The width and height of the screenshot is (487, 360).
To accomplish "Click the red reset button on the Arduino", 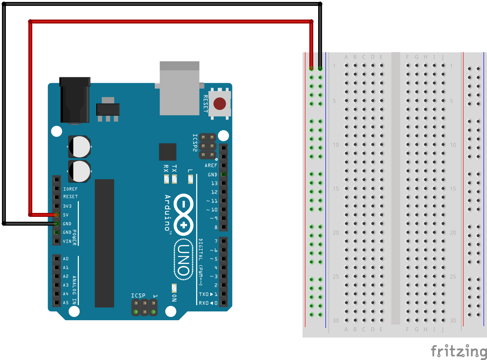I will point(219,104).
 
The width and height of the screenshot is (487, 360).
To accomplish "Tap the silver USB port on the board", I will point(179,89).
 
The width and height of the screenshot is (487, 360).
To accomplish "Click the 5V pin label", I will point(66,215).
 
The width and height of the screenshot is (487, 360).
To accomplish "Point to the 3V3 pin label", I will point(67,206).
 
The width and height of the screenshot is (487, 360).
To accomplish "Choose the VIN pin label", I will point(67,241).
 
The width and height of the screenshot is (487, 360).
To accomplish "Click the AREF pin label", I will point(211,166).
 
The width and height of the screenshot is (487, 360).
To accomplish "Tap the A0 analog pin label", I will point(66,259).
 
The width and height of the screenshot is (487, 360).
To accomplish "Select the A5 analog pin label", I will point(66,303).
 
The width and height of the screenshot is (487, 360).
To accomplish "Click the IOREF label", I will point(70,189).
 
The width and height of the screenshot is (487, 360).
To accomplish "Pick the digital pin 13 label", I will point(214,184).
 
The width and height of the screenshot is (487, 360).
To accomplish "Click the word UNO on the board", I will point(184,260).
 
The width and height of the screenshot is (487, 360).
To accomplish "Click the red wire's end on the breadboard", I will point(311,68).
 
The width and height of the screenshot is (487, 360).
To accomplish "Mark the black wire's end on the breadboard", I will point(320,68).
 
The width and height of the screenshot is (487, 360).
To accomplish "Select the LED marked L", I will point(190,179).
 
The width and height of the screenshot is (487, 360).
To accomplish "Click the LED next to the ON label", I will point(174,288).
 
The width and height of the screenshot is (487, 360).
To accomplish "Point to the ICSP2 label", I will point(195,143).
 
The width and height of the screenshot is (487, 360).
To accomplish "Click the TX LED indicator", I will point(174,179).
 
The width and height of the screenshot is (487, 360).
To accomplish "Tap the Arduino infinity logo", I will point(184,215).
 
